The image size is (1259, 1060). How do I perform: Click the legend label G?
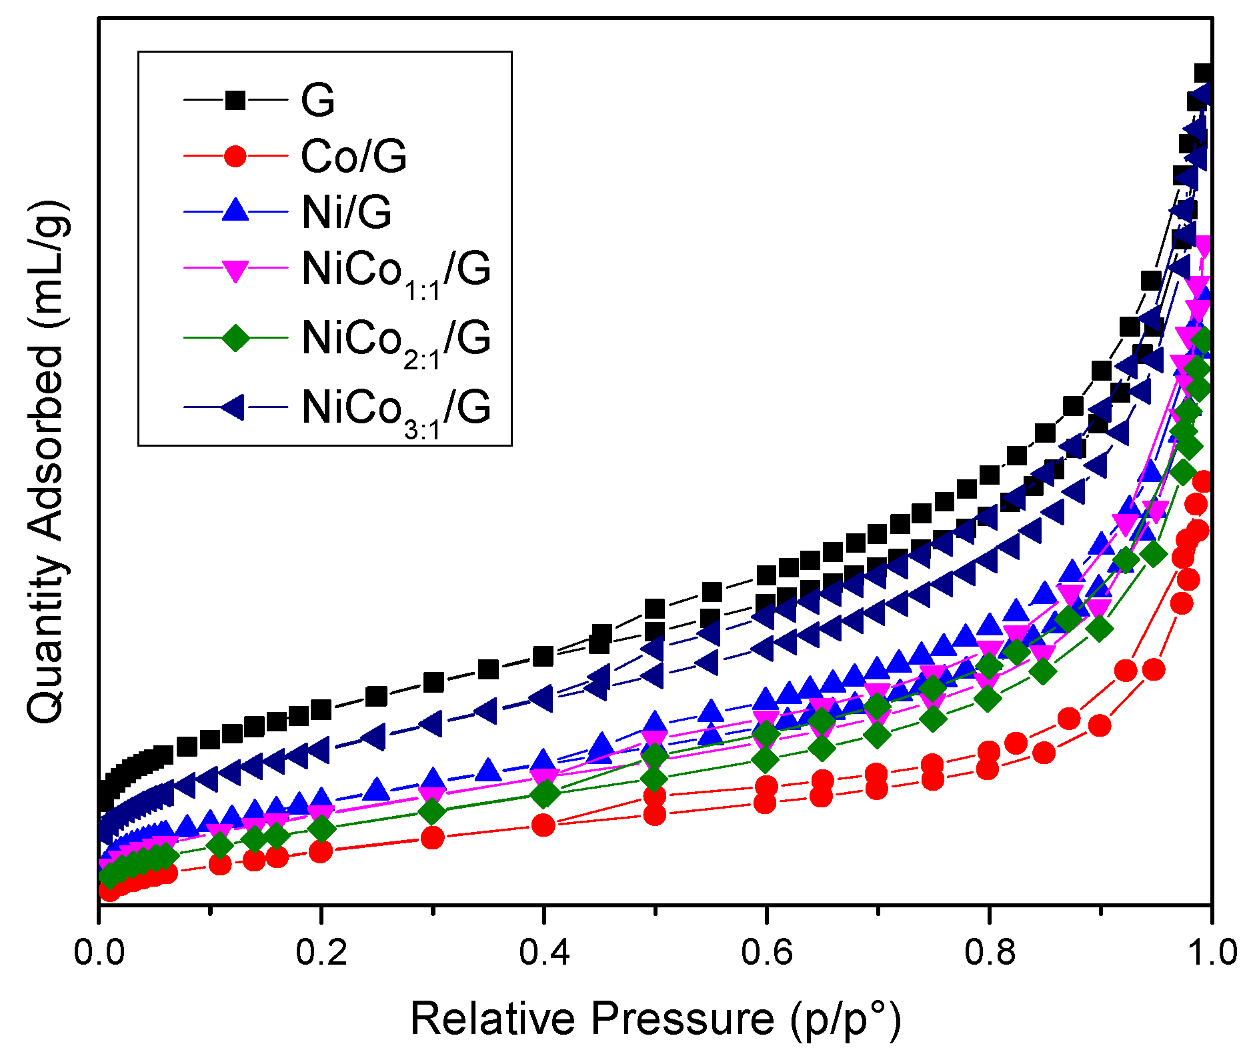tap(317, 101)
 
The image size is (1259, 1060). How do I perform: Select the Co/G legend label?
tap(353, 157)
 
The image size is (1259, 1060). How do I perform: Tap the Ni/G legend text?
tap(346, 213)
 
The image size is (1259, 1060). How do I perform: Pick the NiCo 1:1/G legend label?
tap(396, 272)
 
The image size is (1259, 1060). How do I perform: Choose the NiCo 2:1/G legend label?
tap(396, 341)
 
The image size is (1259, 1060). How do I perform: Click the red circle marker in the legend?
tap(235, 157)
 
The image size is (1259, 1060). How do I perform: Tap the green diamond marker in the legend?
tap(235, 337)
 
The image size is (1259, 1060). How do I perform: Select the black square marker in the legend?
tap(235, 101)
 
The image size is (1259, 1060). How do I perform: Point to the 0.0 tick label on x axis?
tap(99, 952)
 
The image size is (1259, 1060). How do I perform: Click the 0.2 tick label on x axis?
tap(321, 952)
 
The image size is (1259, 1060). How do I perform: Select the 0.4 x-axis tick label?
tap(544, 952)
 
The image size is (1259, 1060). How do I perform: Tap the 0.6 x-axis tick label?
tap(767, 952)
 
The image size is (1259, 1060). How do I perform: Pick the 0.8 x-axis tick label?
tap(990, 952)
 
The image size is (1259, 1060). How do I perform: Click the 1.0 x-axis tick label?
tap(1211, 952)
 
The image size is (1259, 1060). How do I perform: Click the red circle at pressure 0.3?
tap(433, 837)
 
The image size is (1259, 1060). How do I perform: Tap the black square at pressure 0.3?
tap(433, 682)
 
